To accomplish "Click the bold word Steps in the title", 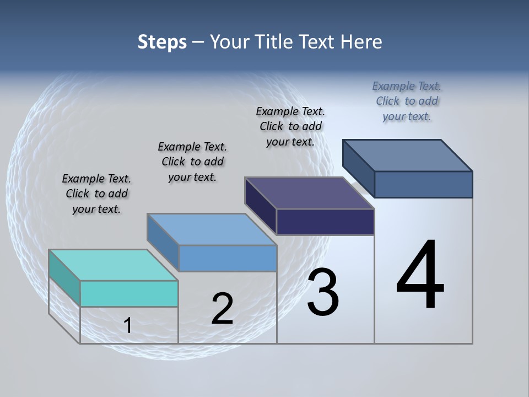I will pyautogui.click(x=162, y=42).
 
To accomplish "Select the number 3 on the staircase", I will pyautogui.click(x=323, y=293).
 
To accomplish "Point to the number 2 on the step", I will pyautogui.click(x=222, y=309).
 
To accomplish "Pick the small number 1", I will pyautogui.click(x=128, y=326).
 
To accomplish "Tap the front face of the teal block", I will pyautogui.click(x=129, y=293).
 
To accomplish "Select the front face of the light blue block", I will pyautogui.click(x=228, y=258).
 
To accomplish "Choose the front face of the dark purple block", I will pyautogui.click(x=325, y=222).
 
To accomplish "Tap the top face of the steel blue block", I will pyautogui.click(x=407, y=155).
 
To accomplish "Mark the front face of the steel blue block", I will pyautogui.click(x=423, y=184).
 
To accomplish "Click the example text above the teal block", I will pyautogui.click(x=96, y=194).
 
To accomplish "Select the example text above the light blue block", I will pyautogui.click(x=192, y=162).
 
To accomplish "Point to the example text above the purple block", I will pyautogui.click(x=290, y=126).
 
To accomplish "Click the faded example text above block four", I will pyautogui.click(x=407, y=101).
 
